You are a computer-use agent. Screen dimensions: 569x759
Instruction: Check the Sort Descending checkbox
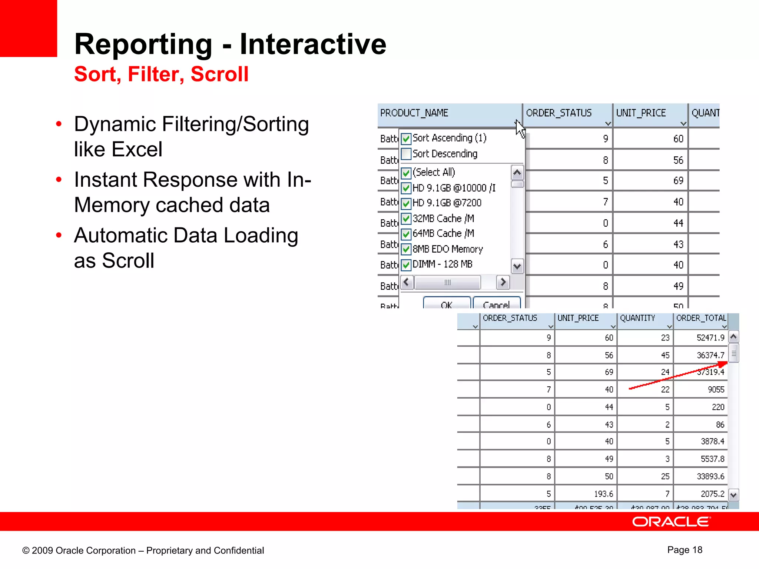click(406, 154)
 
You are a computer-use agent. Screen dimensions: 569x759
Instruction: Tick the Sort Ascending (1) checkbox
click(406, 139)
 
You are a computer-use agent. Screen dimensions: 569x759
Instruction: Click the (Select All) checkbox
click(406, 173)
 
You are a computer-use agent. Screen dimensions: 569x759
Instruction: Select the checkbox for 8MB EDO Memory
click(406, 249)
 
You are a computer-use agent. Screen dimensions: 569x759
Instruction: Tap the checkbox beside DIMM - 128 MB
click(406, 264)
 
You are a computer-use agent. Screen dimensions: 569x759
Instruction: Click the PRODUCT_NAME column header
click(414, 113)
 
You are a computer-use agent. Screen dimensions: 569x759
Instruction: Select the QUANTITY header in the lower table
click(637, 318)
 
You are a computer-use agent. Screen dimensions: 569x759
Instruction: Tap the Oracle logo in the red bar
click(671, 522)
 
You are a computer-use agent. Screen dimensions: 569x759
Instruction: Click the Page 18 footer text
click(685, 550)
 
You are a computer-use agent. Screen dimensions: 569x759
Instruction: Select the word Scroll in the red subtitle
click(219, 74)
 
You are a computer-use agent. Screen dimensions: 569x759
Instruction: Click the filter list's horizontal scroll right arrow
click(503, 282)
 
